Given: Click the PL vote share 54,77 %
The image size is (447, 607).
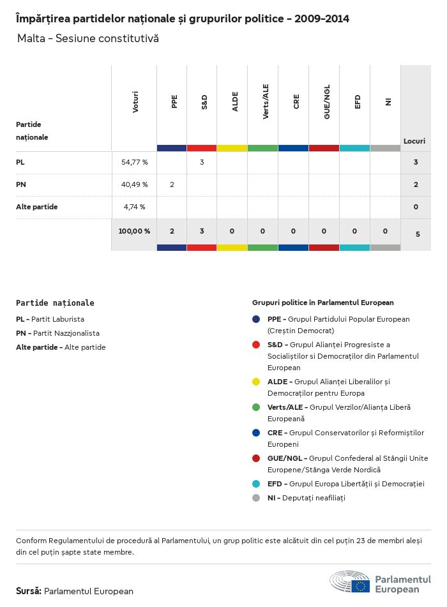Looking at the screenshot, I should [x=134, y=162].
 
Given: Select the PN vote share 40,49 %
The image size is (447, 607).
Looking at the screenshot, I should [x=134, y=184].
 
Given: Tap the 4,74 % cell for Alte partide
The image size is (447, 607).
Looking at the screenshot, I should [x=134, y=207].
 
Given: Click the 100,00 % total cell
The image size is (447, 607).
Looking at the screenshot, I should [x=134, y=231].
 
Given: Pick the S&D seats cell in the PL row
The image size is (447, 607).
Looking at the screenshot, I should [x=202, y=162].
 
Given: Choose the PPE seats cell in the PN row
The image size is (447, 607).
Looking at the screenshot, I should [x=172, y=184].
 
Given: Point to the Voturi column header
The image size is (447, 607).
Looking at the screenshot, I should [x=135, y=102].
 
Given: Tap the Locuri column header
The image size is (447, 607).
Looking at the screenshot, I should [x=414, y=141].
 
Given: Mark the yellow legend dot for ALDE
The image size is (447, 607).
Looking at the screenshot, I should [x=256, y=382].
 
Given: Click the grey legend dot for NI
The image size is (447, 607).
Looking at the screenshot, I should [x=256, y=498].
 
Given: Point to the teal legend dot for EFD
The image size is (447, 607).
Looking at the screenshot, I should [x=256, y=484].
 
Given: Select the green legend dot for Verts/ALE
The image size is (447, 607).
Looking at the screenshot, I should [x=256, y=407].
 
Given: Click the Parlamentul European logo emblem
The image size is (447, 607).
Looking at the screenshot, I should [x=350, y=583].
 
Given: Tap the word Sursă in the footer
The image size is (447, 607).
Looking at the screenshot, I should [x=29, y=591].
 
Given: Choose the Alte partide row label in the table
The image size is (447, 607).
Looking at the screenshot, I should [x=37, y=207].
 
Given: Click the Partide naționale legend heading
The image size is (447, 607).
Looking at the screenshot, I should [x=55, y=303].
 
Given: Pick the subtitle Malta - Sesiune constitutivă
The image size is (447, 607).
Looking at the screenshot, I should [x=88, y=39].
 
